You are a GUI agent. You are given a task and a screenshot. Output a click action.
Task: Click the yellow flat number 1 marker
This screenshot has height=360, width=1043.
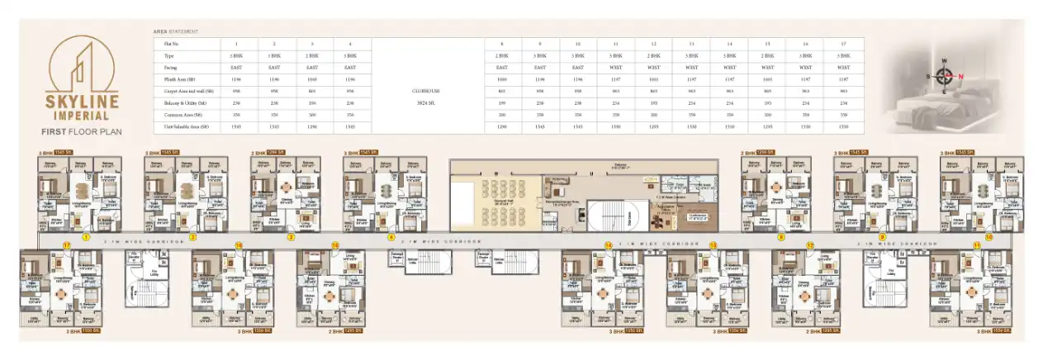[85, 236]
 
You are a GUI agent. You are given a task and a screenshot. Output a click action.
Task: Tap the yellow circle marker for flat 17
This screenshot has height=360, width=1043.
[65, 245]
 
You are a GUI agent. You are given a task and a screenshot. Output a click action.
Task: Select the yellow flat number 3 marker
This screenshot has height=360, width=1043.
[291, 236]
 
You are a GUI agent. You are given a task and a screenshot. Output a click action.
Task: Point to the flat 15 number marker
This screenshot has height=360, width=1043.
[335, 245]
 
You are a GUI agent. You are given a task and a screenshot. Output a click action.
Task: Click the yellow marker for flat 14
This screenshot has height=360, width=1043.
[608, 245]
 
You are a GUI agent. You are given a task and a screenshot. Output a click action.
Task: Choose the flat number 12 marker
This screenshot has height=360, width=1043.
[810, 245]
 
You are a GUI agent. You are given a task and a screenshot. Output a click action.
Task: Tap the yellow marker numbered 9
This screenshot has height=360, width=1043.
[882, 236]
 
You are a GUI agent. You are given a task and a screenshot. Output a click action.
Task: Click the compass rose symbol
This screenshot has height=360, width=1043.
[943, 76]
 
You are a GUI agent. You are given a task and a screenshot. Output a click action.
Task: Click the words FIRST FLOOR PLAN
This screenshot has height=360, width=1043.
[83, 131]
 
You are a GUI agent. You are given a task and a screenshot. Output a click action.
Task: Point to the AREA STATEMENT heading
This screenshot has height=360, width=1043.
[175, 31]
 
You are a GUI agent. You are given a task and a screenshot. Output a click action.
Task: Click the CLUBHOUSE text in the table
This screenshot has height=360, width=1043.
[425, 92]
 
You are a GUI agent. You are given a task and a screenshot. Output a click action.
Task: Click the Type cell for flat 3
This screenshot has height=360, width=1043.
[312, 55]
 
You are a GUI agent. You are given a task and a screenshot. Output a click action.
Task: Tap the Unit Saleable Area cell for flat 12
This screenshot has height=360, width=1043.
[653, 127]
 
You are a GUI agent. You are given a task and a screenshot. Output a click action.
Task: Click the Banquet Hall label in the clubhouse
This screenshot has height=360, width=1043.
[500, 202]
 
